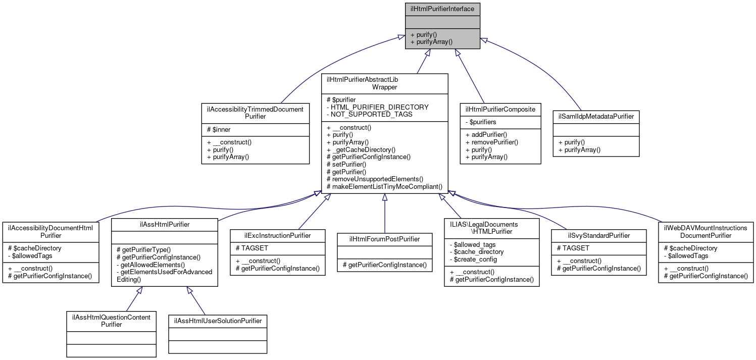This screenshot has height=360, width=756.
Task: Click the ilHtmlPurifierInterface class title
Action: (x=442, y=9)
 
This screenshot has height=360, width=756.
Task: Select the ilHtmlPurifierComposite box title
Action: (x=500, y=109)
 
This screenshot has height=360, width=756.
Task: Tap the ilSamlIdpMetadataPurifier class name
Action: (x=596, y=116)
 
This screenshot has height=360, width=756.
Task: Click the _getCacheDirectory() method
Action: (x=361, y=149)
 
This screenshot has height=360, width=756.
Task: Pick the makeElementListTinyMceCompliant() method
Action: (x=385, y=186)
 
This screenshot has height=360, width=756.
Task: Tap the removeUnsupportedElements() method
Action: (x=375, y=179)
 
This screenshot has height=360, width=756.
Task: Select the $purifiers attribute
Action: (x=481, y=122)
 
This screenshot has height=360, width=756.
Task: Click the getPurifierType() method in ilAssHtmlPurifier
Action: (x=144, y=249)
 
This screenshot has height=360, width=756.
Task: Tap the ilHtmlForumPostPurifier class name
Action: (x=384, y=239)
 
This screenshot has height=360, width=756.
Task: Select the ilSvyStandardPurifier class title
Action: (x=598, y=235)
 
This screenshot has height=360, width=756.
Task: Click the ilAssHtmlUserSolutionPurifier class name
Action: (x=218, y=321)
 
